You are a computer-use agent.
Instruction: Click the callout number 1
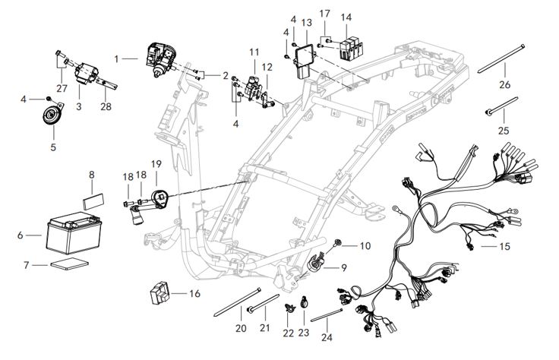point(117,58)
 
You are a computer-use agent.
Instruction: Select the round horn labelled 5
point(52,115)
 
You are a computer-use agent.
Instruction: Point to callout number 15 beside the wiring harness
point(505,247)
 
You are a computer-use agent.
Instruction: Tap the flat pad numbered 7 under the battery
point(69,265)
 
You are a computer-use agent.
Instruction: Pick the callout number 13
point(307,22)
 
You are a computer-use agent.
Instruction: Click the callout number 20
point(241,328)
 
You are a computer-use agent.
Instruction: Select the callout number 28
point(106,106)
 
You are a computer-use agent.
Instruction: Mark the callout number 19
point(156,164)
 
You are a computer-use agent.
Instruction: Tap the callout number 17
point(324,14)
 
